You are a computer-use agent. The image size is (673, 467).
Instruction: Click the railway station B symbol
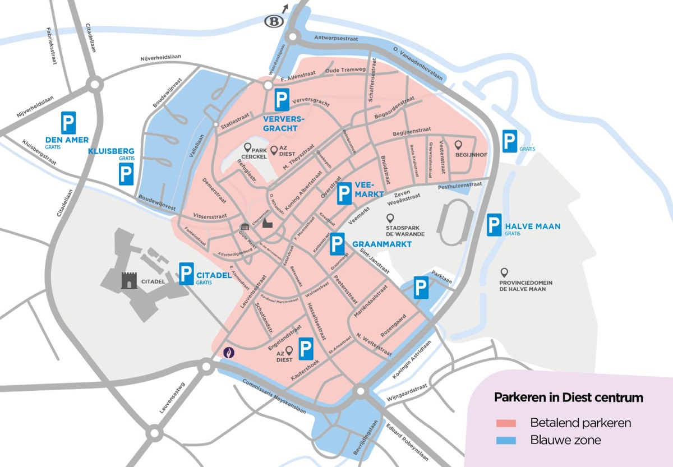(274, 21)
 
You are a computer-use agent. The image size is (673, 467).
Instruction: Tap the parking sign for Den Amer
(68, 122)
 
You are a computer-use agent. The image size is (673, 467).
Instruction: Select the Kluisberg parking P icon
(126, 174)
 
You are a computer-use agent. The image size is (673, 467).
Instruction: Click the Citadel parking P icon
(187, 274)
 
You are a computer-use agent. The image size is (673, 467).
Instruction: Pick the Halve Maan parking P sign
(494, 225)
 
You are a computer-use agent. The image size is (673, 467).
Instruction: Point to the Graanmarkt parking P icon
(337, 244)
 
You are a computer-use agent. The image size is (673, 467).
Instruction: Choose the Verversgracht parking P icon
(282, 100)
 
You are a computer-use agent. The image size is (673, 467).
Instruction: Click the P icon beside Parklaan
(421, 288)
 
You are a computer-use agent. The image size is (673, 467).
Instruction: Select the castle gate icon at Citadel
(129, 280)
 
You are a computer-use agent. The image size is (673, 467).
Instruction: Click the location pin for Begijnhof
(458, 145)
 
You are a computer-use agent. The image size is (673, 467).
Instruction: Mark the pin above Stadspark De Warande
(390, 218)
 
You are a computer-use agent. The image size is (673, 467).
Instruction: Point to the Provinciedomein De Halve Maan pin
(504, 272)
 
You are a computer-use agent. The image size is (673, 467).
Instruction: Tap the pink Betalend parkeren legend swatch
(508, 423)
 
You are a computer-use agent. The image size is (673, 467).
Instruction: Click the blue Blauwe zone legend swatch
(508, 441)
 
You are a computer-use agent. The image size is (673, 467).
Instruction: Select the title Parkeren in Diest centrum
(568, 397)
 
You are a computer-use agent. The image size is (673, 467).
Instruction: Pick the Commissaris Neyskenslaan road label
(274, 397)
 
